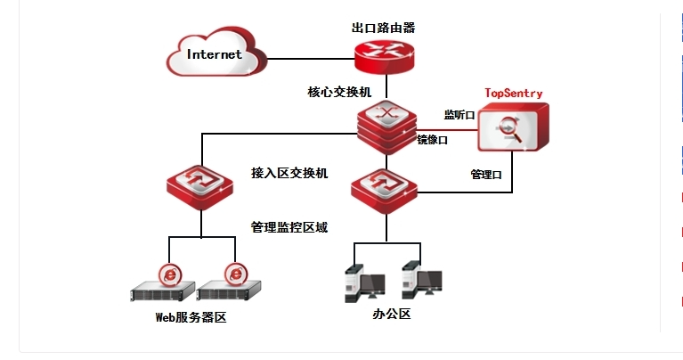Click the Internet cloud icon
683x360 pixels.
pyautogui.click(x=214, y=55)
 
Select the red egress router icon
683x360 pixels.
pyautogui.click(x=384, y=58)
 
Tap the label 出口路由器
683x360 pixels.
pyautogui.click(x=383, y=28)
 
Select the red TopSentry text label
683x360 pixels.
pyautogui.click(x=513, y=93)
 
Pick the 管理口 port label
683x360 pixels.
pyautogui.click(x=485, y=175)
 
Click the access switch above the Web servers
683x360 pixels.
pyautogui.click(x=201, y=184)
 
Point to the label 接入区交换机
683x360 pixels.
pyautogui.click(x=289, y=173)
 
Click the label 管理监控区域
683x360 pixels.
pyautogui.click(x=289, y=227)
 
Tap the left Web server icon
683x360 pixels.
pyautogui.click(x=164, y=284)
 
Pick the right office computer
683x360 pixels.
pyautogui.click(x=419, y=282)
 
